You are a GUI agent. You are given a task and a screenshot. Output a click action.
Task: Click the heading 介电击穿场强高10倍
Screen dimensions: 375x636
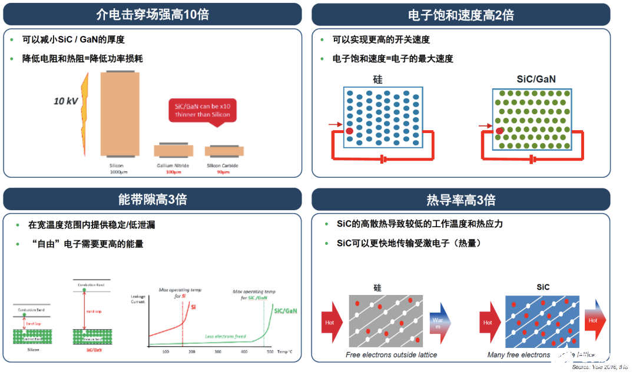pyautogui.click(x=152, y=15)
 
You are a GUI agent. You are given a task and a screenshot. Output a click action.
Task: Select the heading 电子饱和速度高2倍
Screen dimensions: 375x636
pyautogui.click(x=461, y=15)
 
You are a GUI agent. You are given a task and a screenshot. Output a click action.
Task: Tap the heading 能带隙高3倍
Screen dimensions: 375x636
pyautogui.click(x=152, y=199)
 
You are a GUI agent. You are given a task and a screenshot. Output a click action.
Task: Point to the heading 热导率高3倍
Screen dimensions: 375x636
pyautogui.click(x=461, y=200)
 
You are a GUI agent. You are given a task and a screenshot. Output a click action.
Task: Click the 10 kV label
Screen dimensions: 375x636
pyautogui.click(x=66, y=101)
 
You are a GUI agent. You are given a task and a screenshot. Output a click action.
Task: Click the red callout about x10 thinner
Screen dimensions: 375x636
pyautogui.click(x=202, y=110)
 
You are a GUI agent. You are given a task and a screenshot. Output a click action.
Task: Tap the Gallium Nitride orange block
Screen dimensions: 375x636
pyautogui.click(x=173, y=151)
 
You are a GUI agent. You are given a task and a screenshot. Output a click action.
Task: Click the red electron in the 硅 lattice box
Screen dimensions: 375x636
pyautogui.click(x=349, y=131)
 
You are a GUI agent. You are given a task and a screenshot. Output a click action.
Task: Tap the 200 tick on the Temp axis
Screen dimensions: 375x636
pyautogui.click(x=191, y=351)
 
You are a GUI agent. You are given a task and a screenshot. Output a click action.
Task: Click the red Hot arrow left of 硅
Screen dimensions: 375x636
pyautogui.click(x=332, y=322)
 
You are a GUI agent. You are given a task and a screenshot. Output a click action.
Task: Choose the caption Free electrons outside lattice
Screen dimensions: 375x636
pyautogui.click(x=391, y=355)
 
